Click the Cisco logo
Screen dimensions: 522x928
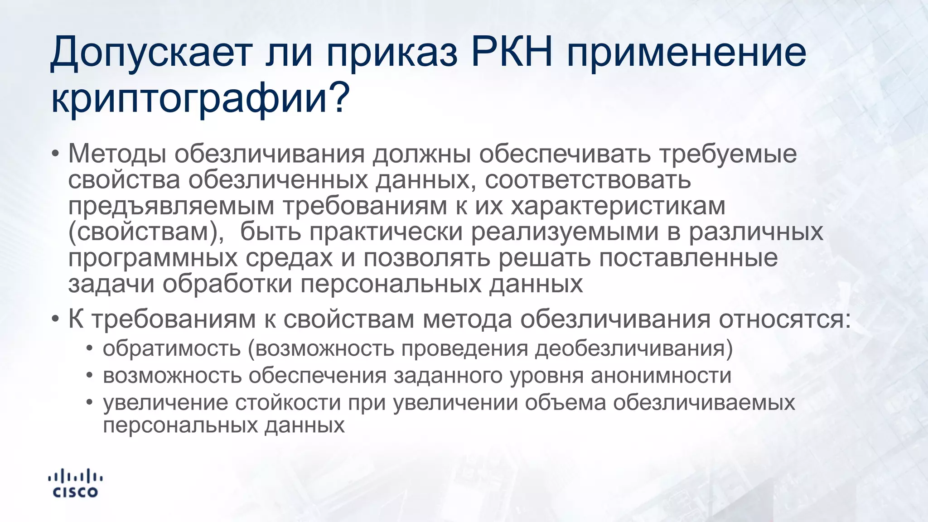pos(75,483)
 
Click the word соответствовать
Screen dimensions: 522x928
pos(588,179)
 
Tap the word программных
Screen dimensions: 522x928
pos(153,258)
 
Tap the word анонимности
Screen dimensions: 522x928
pos(661,376)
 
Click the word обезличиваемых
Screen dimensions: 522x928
pos(704,402)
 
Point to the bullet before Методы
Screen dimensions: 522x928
pos(55,154)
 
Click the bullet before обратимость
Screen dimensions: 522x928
pos(90,349)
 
